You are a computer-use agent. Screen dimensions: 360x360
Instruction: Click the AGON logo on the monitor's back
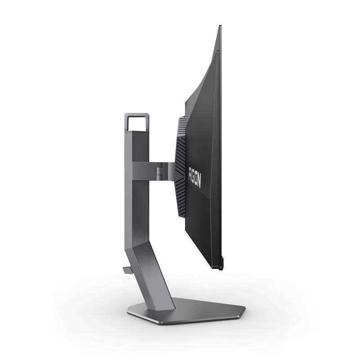(194, 177)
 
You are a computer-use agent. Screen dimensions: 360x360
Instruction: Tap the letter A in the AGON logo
(191, 171)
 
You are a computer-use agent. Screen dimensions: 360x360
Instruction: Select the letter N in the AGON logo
(198, 183)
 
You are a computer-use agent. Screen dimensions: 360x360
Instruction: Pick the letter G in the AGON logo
(193, 175)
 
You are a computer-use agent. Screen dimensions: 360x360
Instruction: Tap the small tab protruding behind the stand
(126, 270)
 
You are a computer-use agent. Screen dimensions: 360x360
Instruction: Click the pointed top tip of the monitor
(220, 26)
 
